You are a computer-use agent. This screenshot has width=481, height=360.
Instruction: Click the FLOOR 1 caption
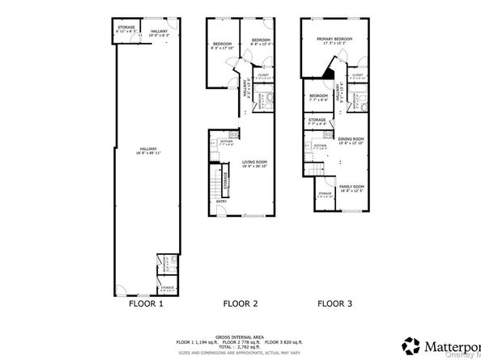tap(146, 305)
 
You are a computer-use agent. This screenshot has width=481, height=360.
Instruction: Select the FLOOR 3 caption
tap(334, 305)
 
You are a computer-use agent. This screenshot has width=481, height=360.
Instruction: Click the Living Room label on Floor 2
tap(254, 163)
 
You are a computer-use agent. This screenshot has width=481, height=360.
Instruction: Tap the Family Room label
tap(351, 188)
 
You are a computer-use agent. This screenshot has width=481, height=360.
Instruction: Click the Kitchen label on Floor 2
tap(227, 142)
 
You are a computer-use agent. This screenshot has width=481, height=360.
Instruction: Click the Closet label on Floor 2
tap(263, 75)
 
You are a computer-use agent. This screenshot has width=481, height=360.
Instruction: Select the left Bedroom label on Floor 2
tap(222, 45)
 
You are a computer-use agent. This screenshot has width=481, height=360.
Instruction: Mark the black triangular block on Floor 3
tap(328, 74)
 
